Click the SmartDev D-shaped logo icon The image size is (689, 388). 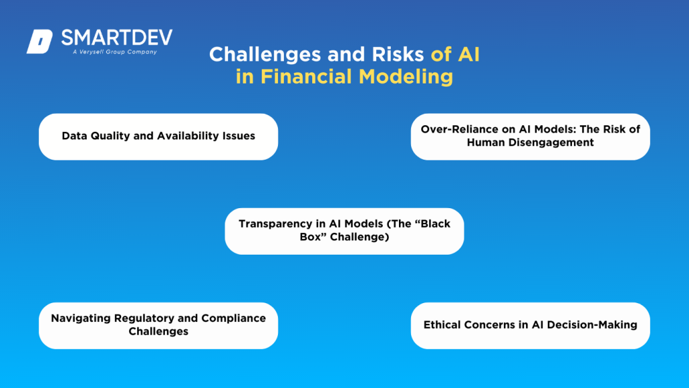click(39, 42)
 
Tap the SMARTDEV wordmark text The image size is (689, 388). click(116, 37)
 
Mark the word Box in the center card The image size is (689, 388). click(311, 236)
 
